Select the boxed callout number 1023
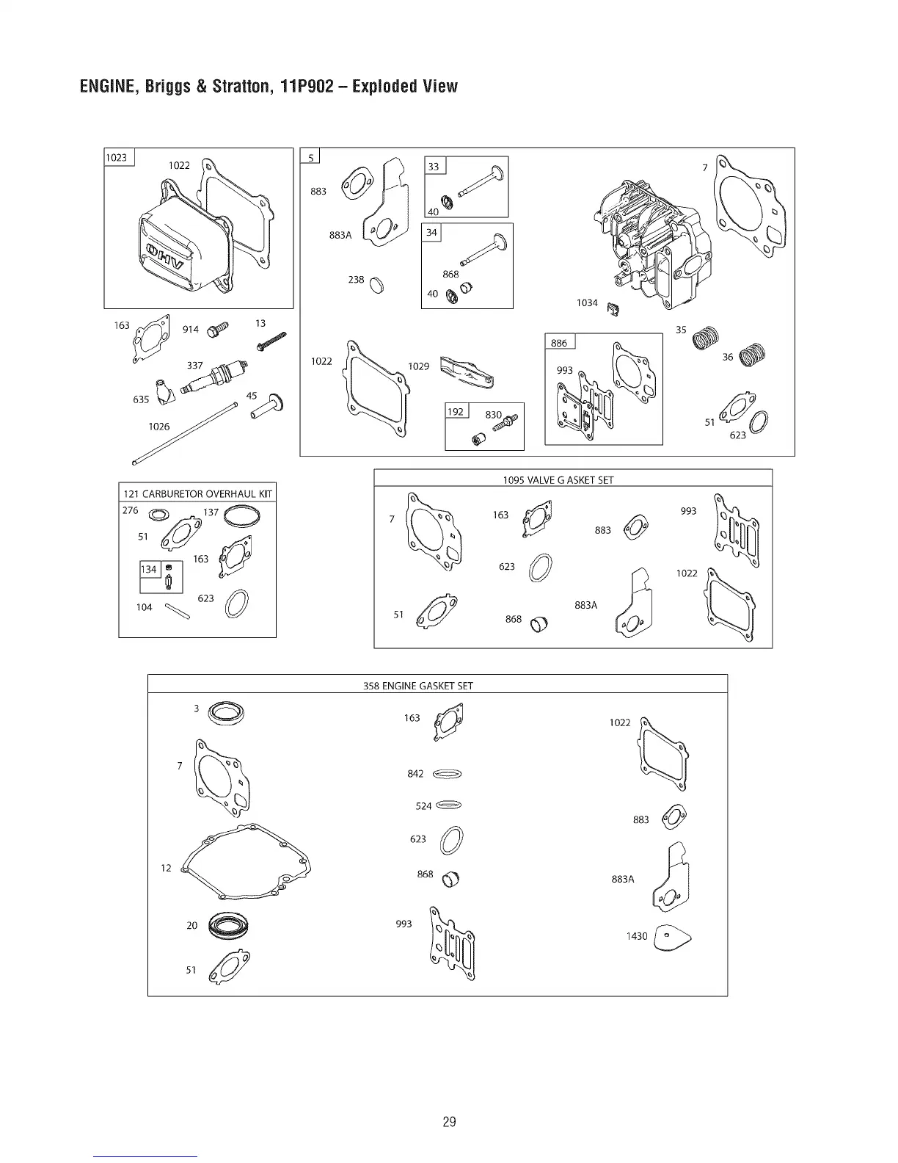coord(117,158)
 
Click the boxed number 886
coord(559,343)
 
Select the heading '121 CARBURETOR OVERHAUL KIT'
coord(197,493)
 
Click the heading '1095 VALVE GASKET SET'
coord(558,480)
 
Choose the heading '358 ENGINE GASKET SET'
coord(418,686)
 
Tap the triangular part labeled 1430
coord(672,937)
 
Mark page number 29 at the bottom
coord(449,1122)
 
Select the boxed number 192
coord(456,411)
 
